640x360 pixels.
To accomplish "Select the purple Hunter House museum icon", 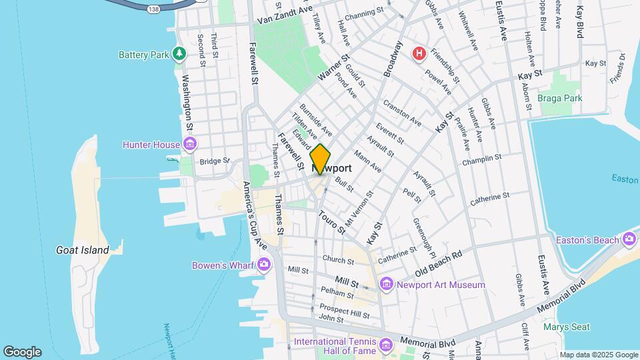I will tap(190, 144).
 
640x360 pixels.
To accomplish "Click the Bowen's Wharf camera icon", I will tap(264, 265).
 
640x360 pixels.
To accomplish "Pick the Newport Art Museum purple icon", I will tap(386, 285).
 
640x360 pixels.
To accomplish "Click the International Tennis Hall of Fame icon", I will tap(386, 345).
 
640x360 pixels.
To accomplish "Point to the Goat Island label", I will tap(83, 250).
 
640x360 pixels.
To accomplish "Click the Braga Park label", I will tap(560, 98).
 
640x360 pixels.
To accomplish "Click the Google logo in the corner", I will tap(22, 352).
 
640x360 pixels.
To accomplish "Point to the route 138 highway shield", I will tap(155, 8).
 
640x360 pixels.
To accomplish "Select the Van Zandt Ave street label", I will tap(285, 15).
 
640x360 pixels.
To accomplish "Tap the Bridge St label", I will tap(214, 161).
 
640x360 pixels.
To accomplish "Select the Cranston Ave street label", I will tap(402, 113).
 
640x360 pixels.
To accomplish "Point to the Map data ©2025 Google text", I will tap(599, 355).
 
